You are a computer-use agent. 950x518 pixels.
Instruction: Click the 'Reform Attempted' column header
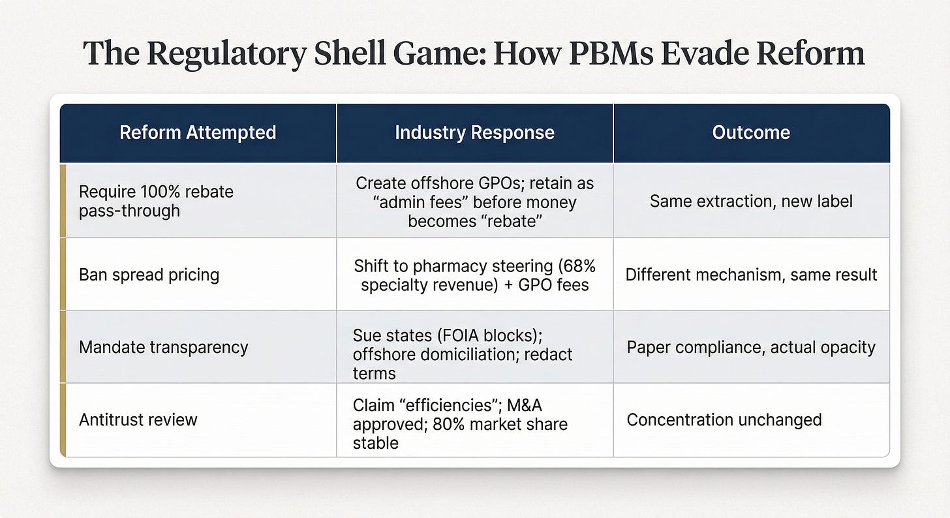click(198, 132)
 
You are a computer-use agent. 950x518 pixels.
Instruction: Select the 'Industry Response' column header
click(474, 132)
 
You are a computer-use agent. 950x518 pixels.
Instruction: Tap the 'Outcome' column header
click(751, 132)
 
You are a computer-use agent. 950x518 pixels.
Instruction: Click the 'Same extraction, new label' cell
click(751, 201)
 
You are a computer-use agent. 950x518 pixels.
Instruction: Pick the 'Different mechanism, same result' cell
click(751, 275)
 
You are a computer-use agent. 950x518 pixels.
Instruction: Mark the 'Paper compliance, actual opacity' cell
click(751, 347)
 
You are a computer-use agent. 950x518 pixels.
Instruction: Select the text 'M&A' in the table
click(524, 405)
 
